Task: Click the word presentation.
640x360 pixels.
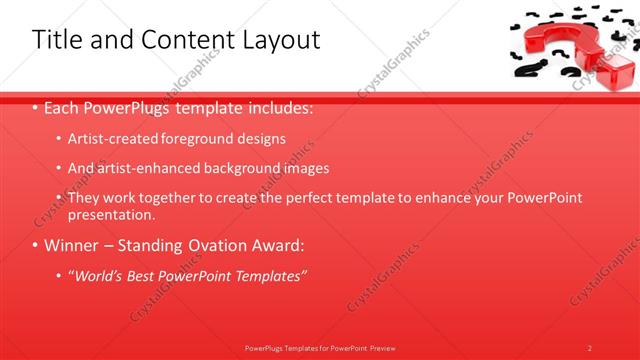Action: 111,214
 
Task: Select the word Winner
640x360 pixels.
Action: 70,245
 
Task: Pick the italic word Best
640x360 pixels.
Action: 143,276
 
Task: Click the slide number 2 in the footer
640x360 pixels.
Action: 590,348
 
